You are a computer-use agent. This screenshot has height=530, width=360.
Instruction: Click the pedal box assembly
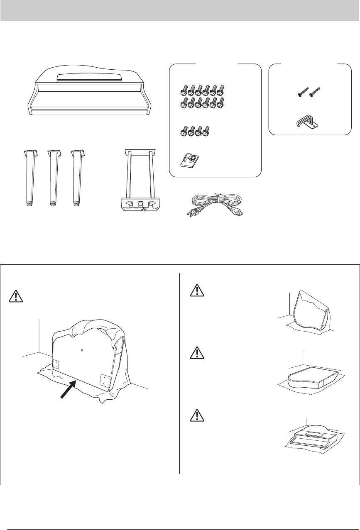click(138, 183)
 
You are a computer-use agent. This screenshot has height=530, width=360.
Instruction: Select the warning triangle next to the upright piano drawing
click(195, 291)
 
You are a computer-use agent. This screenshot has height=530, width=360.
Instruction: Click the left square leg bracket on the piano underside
click(55, 364)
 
